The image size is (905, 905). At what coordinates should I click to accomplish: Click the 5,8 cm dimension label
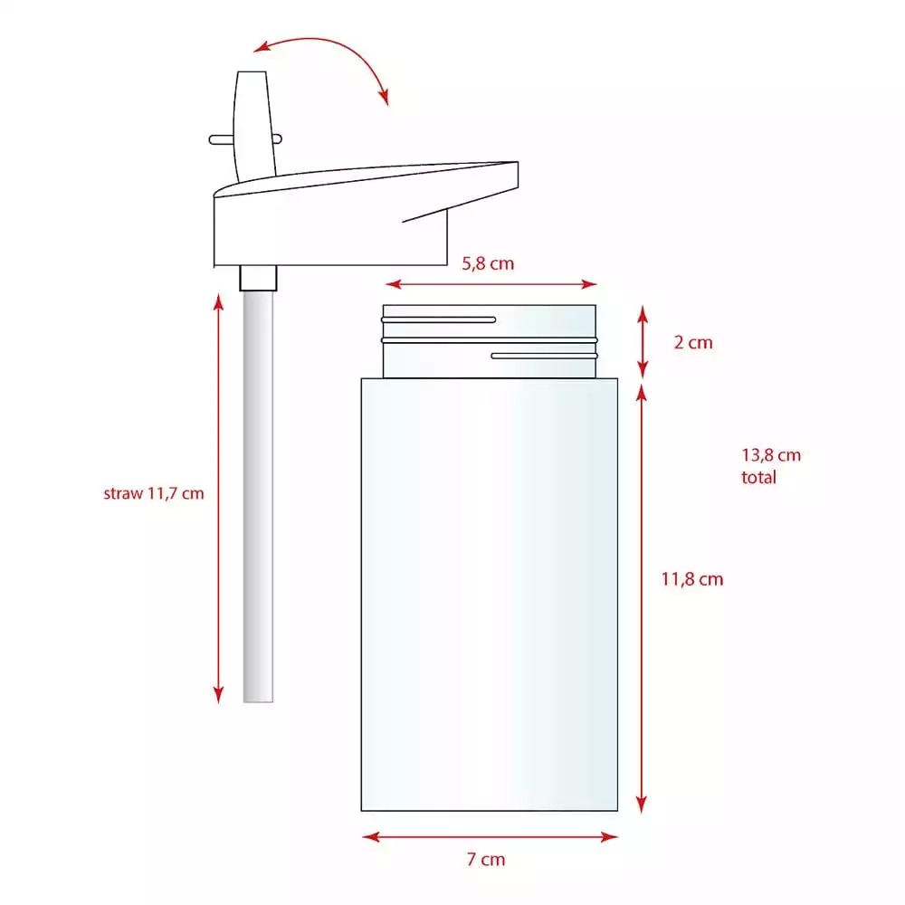[x=488, y=263]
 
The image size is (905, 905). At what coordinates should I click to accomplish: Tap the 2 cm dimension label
[x=693, y=342]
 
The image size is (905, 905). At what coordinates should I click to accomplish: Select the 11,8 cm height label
[x=692, y=579]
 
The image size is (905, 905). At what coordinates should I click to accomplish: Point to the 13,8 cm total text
[x=771, y=466]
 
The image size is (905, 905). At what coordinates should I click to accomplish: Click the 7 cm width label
[x=486, y=860]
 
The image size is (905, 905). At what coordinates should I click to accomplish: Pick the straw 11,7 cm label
[x=154, y=493]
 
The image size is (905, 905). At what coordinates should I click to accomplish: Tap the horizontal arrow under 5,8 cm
[x=491, y=284]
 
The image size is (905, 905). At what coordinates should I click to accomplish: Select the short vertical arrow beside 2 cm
[x=643, y=342]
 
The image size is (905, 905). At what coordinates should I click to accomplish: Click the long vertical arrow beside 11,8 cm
[x=642, y=598]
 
